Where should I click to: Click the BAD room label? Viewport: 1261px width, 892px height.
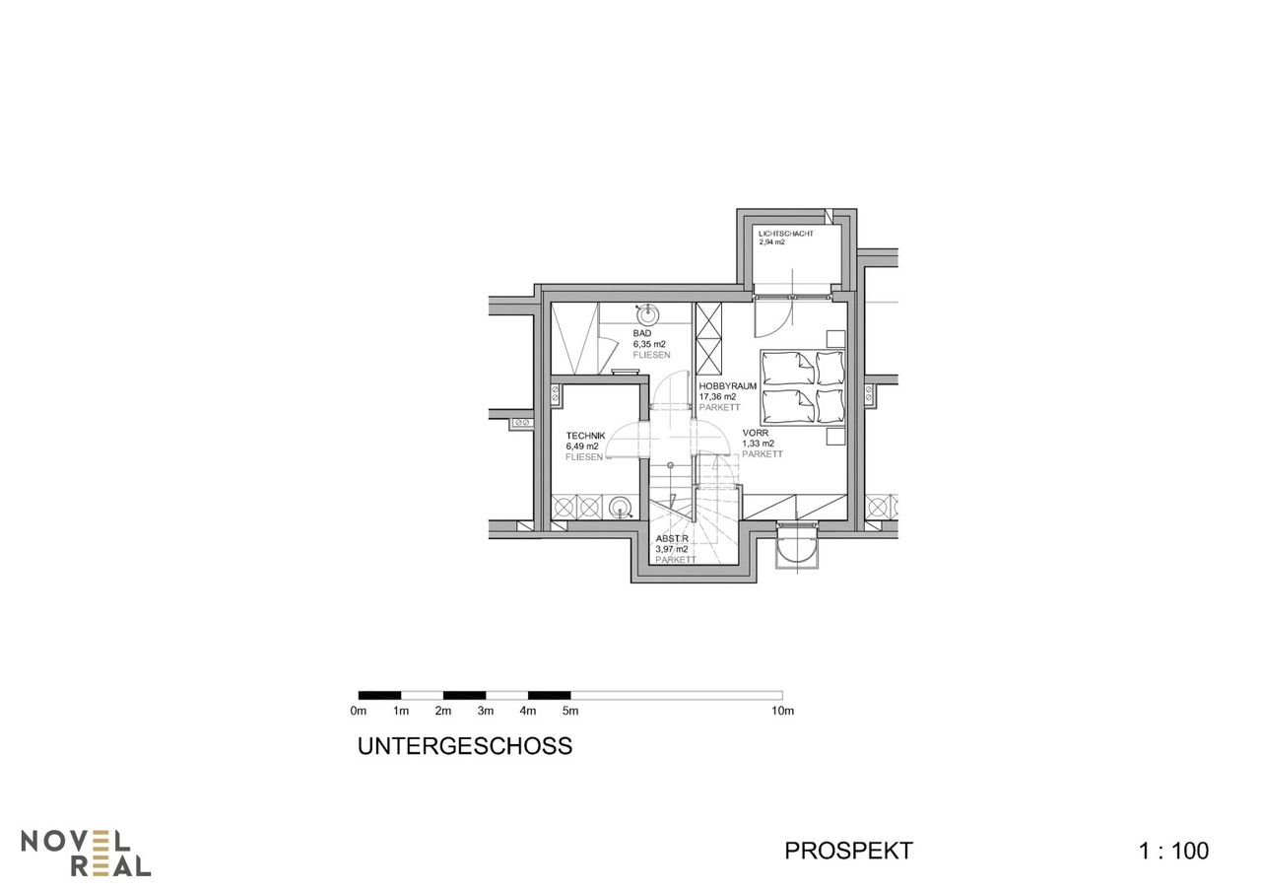point(641,333)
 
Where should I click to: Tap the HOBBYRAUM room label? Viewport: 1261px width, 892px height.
point(727,386)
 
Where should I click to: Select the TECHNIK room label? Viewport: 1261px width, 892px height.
point(585,436)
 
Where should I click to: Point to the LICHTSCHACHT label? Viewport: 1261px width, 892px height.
point(786,234)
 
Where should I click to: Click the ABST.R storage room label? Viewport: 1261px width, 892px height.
point(672,539)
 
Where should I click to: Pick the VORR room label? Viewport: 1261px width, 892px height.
point(755,433)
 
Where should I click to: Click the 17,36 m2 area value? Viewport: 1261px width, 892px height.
point(717,396)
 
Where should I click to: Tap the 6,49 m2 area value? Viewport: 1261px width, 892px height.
point(582,446)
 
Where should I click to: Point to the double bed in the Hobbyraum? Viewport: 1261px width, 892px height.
point(803,387)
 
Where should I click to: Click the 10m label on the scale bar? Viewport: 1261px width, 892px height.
point(782,712)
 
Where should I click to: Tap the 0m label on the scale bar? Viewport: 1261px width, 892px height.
point(358,712)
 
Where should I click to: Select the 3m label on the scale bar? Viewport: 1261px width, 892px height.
point(486,712)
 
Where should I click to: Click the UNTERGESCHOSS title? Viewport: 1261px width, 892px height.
point(465,746)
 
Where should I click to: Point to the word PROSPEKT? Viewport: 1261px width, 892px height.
point(848,851)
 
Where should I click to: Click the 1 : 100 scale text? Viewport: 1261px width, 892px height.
point(1173,851)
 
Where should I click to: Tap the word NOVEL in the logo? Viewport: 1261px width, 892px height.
point(76,842)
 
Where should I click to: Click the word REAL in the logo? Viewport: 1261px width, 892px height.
point(111,866)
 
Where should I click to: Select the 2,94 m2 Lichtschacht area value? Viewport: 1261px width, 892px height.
point(771,242)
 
